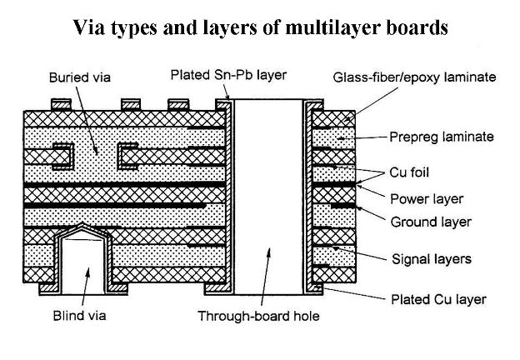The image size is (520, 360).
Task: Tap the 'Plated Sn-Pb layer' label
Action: pos(228,75)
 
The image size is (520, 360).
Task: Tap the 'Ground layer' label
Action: pos(431,222)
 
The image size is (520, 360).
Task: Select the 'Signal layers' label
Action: pos(431,259)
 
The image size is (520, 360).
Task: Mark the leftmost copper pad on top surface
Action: pos(61,105)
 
